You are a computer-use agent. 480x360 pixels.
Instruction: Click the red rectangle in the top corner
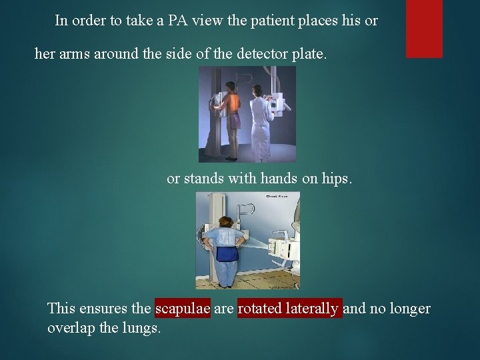click(x=424, y=29)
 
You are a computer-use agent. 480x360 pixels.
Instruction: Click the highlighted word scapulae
click(x=183, y=309)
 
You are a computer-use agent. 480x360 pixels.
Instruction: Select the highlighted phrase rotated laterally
click(x=289, y=309)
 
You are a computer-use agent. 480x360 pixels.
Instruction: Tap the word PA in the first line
click(x=177, y=21)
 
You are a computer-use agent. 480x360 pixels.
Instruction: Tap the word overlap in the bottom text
click(x=69, y=328)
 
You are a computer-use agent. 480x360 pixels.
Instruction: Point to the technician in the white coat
click(x=260, y=120)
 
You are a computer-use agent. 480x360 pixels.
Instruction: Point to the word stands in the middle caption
click(x=201, y=179)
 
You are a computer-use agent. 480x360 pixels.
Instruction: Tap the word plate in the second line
click(x=310, y=54)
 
